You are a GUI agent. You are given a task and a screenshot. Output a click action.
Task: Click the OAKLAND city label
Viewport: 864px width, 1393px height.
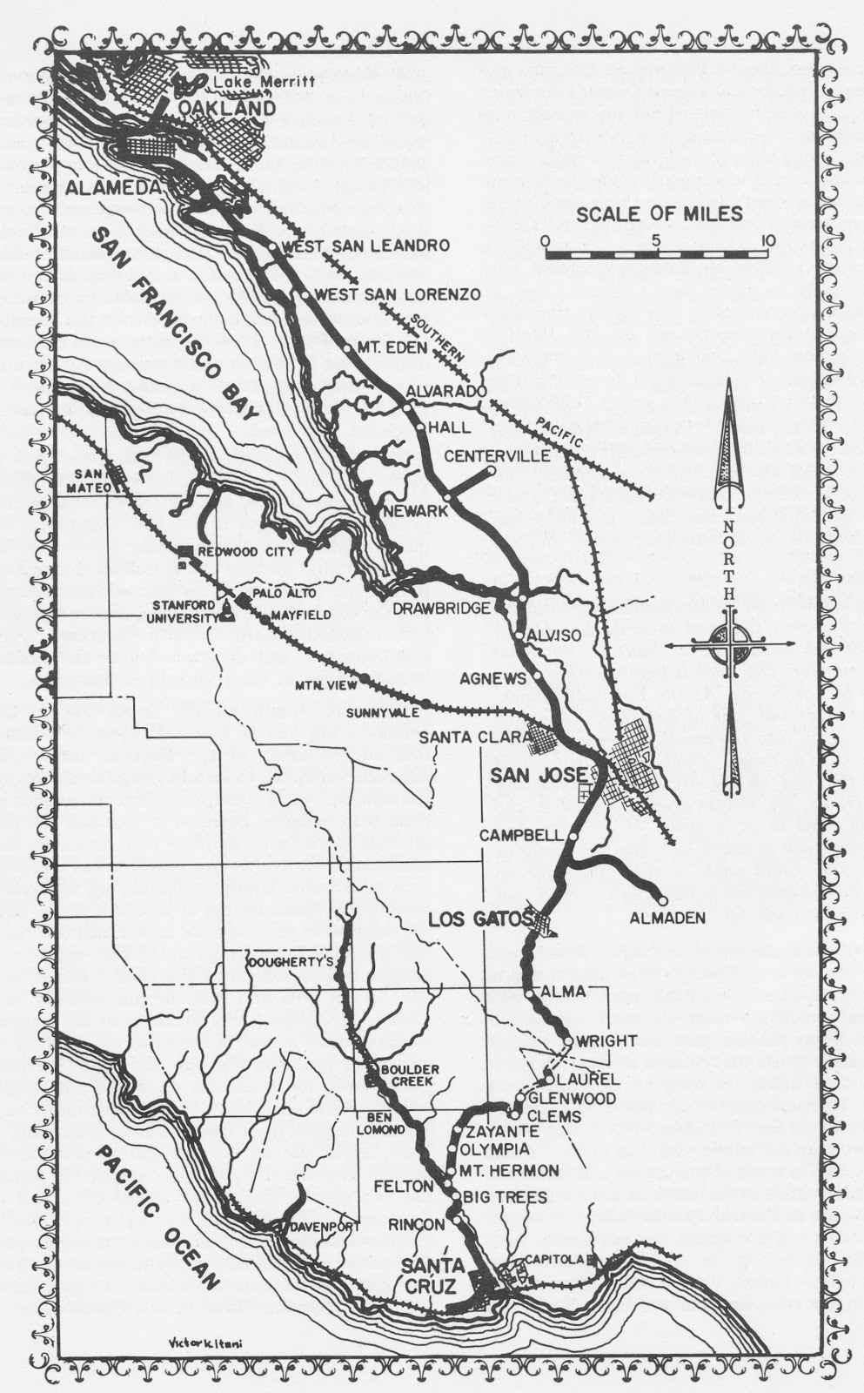click(x=228, y=108)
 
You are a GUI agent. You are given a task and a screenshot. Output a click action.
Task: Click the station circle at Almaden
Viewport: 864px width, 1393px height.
click(x=663, y=900)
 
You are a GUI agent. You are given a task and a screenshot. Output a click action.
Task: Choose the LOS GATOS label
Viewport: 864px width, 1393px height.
click(x=479, y=919)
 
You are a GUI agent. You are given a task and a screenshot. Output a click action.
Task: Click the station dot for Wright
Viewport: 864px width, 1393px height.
click(x=567, y=1040)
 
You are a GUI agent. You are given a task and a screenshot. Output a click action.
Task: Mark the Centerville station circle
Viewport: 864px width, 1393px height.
click(x=492, y=471)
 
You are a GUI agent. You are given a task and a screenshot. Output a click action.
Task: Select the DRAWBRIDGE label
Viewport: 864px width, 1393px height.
click(x=453, y=609)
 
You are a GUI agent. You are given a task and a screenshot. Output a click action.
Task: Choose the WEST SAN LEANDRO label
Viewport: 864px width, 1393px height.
click(x=365, y=246)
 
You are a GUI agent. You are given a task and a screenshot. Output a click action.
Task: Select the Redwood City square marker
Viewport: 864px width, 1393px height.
click(x=184, y=552)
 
